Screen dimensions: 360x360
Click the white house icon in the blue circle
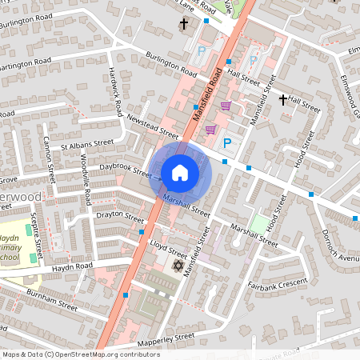(180, 172)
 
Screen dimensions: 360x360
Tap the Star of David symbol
(178, 264)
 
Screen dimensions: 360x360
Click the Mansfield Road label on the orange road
(206, 94)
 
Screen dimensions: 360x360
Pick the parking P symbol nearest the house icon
(227, 143)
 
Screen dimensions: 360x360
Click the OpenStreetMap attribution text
(81, 354)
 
